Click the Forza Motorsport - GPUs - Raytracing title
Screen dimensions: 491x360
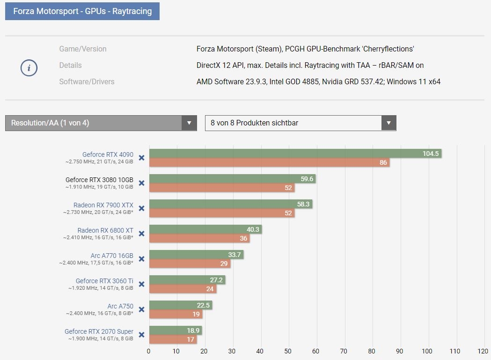click(82, 11)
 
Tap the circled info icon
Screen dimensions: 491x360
click(29, 68)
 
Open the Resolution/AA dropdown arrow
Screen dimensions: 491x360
click(189, 123)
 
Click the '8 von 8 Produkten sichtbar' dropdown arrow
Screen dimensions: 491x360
click(388, 123)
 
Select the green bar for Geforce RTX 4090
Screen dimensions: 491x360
click(295, 154)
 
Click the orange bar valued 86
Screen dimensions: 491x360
click(269, 162)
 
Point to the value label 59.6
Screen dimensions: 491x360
click(307, 179)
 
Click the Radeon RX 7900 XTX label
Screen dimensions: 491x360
click(103, 205)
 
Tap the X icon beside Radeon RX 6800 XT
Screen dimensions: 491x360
click(141, 234)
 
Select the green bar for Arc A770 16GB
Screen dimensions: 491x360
click(196, 254)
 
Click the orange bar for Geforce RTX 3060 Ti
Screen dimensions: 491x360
click(183, 288)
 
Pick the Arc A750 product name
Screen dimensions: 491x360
click(120, 306)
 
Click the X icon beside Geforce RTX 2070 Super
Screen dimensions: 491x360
click(141, 335)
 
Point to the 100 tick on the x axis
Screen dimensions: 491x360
click(427, 351)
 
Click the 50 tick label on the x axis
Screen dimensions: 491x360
click(288, 351)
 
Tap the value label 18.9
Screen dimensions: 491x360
click(193, 331)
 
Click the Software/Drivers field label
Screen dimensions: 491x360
click(87, 82)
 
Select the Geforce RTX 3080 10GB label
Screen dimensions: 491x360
click(99, 179)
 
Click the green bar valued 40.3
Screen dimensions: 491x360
click(205, 229)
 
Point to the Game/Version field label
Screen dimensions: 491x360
click(83, 49)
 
